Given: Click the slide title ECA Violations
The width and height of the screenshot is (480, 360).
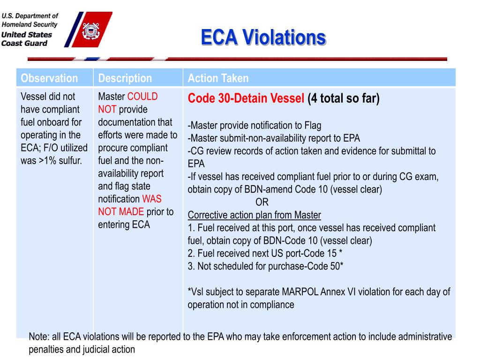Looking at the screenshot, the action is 263,37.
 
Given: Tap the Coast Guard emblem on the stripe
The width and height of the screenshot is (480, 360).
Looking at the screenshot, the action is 90,31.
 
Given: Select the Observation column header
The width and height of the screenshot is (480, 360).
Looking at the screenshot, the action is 49,78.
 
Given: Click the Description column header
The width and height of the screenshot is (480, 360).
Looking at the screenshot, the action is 125,78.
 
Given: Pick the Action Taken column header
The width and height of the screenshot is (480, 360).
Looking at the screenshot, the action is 218,78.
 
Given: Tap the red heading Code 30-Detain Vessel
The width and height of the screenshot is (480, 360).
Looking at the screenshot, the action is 246,99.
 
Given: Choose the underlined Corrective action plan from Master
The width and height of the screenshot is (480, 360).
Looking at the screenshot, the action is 254,216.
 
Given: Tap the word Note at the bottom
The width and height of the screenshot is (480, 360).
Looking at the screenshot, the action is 37,337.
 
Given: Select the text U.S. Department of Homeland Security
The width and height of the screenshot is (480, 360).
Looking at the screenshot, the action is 30,20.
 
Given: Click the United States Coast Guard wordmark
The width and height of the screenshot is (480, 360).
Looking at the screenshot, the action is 27,39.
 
